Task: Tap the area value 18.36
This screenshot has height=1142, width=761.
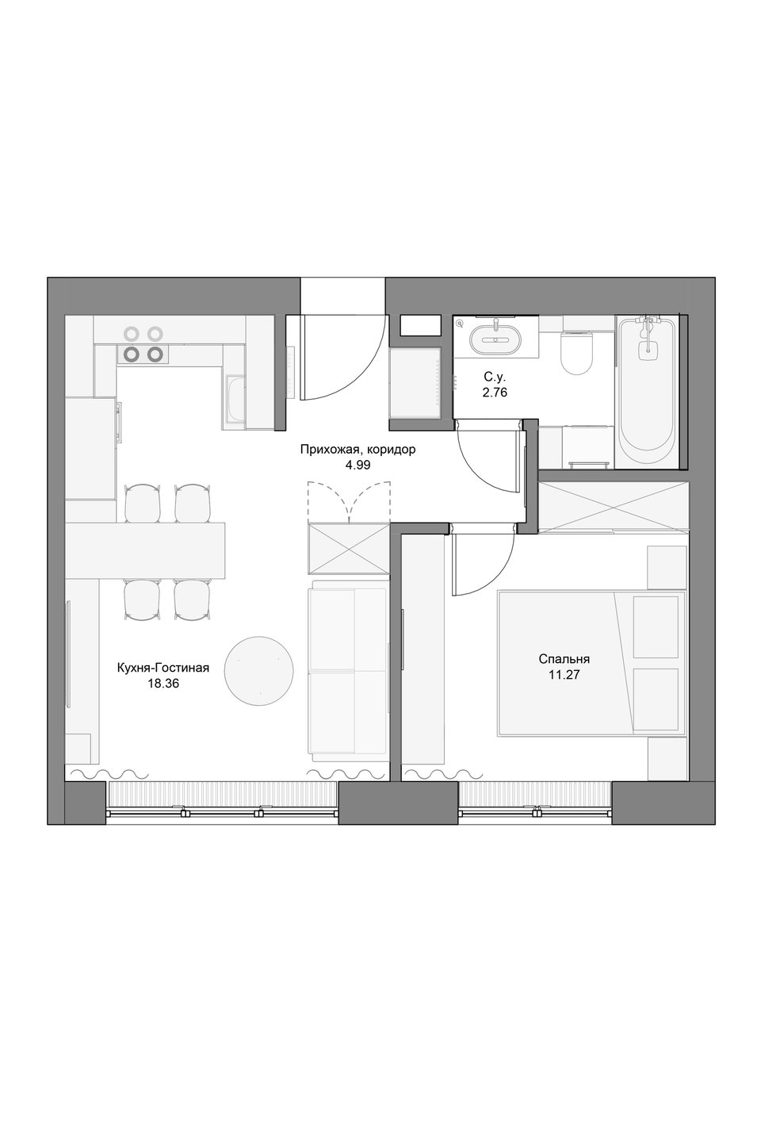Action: click(163, 684)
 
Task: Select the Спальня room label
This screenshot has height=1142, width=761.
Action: click(564, 659)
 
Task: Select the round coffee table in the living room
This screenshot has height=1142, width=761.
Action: click(259, 670)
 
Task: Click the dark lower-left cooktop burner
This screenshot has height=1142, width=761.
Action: click(132, 354)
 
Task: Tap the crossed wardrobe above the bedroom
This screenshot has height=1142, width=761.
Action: click(614, 506)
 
